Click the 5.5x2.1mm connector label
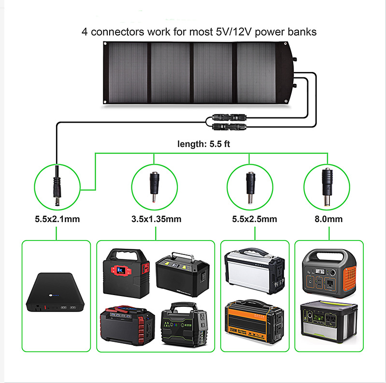click(x=57, y=219)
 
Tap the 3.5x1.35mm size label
click(x=156, y=219)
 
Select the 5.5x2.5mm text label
click(x=252, y=219)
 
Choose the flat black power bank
click(x=57, y=292)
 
